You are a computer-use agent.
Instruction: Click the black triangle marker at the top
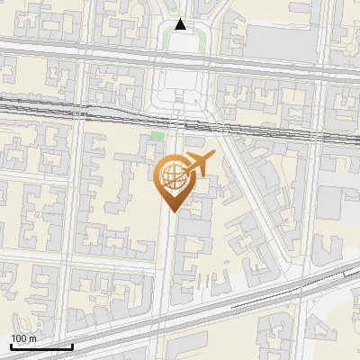click(x=181, y=24)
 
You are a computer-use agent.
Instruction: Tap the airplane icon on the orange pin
click(x=198, y=165)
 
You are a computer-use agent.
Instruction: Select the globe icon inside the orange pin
click(x=172, y=176)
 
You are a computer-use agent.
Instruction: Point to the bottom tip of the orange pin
click(x=172, y=212)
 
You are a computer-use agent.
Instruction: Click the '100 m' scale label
click(x=23, y=337)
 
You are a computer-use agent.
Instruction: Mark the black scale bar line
click(x=40, y=346)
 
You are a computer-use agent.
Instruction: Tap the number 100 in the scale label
click(x=19, y=337)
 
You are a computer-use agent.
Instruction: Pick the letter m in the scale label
click(x=32, y=338)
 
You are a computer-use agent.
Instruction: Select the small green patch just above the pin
click(x=157, y=136)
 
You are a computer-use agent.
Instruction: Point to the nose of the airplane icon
click(x=214, y=159)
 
